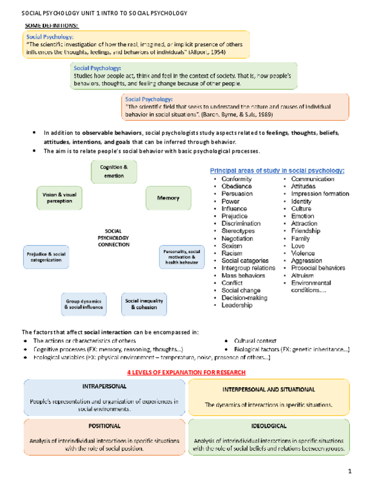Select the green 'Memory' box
point(167,198)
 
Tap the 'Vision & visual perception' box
point(59,198)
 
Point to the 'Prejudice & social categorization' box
point(46,256)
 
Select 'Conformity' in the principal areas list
point(236,179)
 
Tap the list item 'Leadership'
point(236,305)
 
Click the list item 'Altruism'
point(302,276)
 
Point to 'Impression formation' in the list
point(319,194)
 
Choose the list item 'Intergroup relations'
point(248,268)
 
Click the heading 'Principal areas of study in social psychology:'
point(277,170)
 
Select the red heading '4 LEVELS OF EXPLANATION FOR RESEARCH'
point(186,372)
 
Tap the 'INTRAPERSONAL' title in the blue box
point(104,386)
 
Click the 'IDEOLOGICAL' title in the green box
point(268,425)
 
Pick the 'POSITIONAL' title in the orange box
point(104,425)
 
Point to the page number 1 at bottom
point(351,471)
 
